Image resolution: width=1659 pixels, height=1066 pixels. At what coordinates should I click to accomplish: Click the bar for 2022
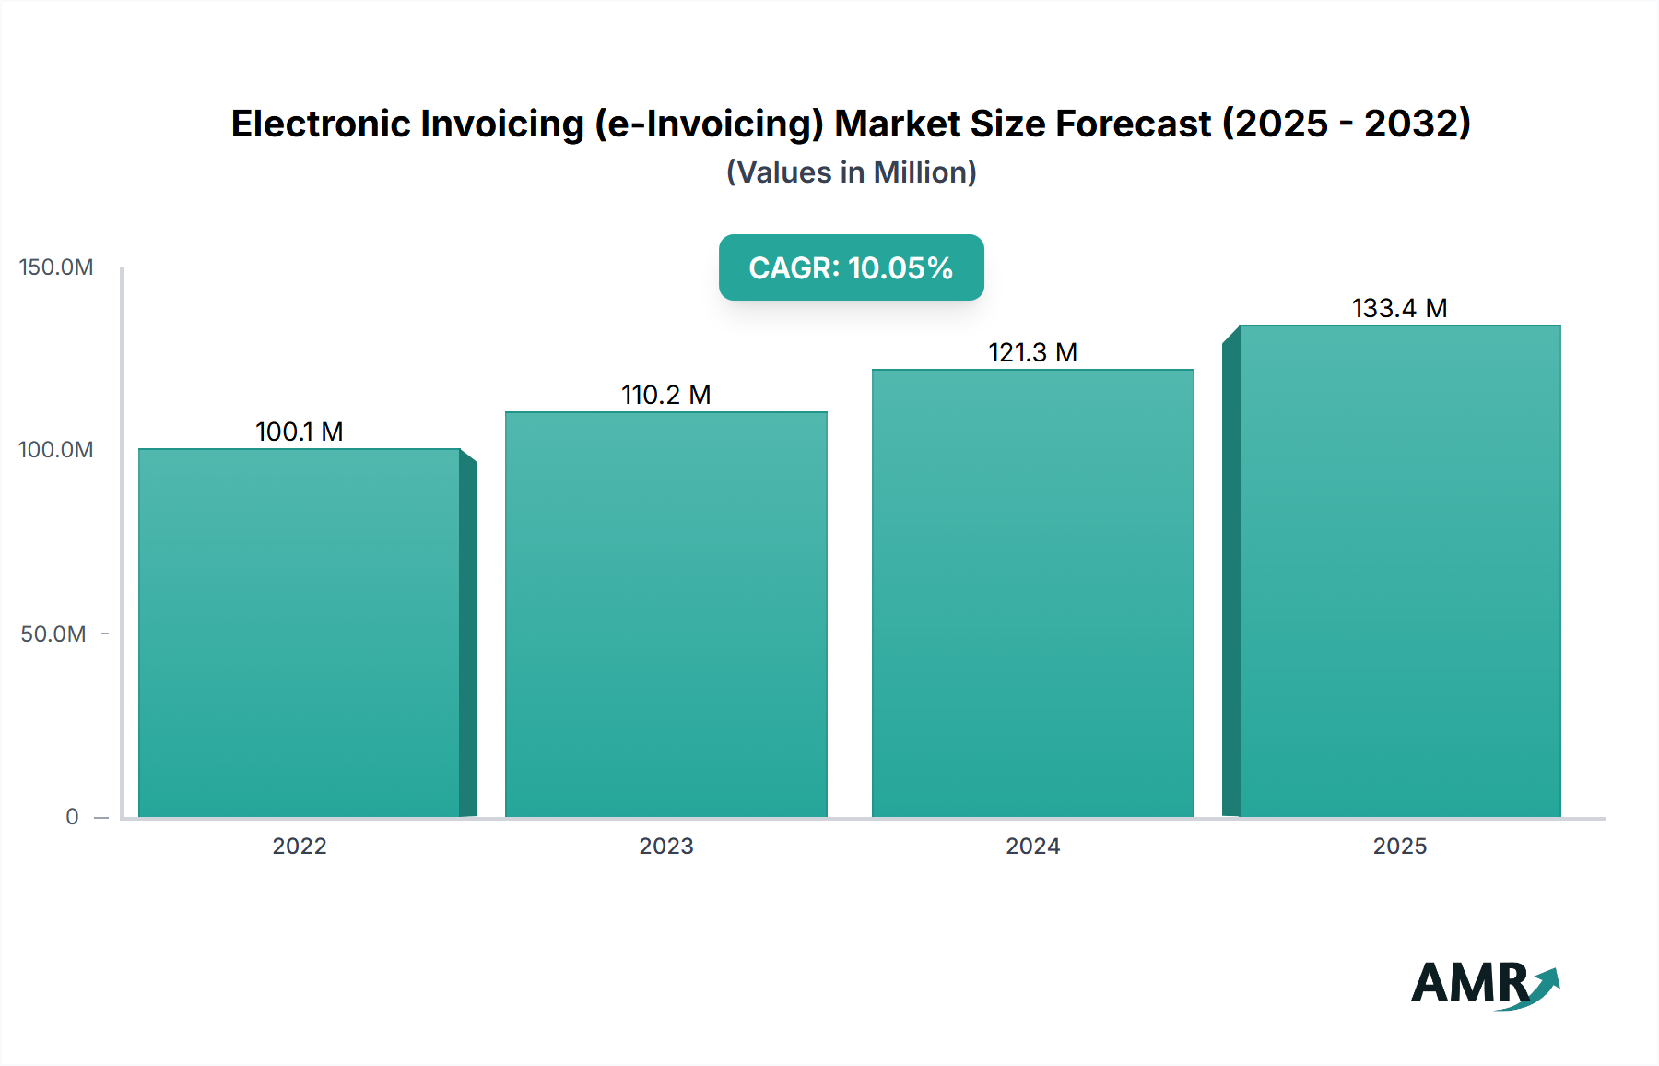pos(300,633)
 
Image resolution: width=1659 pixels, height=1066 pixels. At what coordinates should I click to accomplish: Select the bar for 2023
pos(666,614)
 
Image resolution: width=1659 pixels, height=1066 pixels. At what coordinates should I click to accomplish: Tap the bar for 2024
pos(1033,593)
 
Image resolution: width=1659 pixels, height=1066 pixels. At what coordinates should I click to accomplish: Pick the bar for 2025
pos(1400,571)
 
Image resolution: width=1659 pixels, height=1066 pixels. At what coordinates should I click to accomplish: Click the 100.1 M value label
pos(300,432)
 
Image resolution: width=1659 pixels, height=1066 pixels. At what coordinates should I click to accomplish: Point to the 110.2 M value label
pos(666,395)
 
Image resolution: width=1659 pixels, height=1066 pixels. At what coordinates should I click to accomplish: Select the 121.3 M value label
pos(1033,352)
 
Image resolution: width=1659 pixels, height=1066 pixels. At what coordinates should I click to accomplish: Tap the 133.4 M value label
pos(1400,308)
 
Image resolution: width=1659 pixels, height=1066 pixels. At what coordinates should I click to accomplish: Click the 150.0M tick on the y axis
pos(56,267)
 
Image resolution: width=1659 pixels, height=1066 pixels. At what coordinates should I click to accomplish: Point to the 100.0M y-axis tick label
pos(56,450)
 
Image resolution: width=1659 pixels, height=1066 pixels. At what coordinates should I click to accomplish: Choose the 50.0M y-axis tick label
pos(53,634)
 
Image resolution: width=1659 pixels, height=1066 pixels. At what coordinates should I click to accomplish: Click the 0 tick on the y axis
pos(72,817)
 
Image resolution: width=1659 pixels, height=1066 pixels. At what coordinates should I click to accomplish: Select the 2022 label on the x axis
pos(300,847)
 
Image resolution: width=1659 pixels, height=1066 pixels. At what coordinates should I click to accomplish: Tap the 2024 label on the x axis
pos(1033,847)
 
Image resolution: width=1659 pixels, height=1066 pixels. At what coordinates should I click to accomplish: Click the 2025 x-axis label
pos(1400,847)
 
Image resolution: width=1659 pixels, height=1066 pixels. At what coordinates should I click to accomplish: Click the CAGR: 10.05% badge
pos(851,267)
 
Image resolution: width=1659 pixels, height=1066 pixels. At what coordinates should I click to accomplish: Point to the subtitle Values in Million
pos(851,172)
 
